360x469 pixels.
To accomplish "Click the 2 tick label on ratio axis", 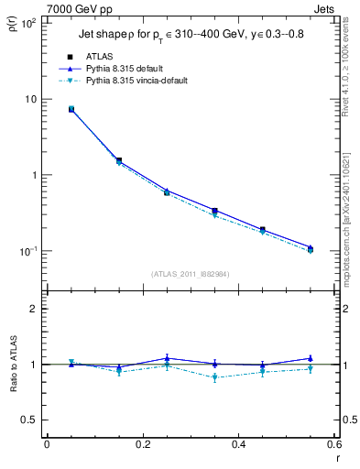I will coord(33,310).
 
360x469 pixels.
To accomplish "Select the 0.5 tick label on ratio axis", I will coord(29,420).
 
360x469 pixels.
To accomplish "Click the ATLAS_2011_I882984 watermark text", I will coord(190,274).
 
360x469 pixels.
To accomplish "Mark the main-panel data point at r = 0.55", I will coord(311,249).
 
